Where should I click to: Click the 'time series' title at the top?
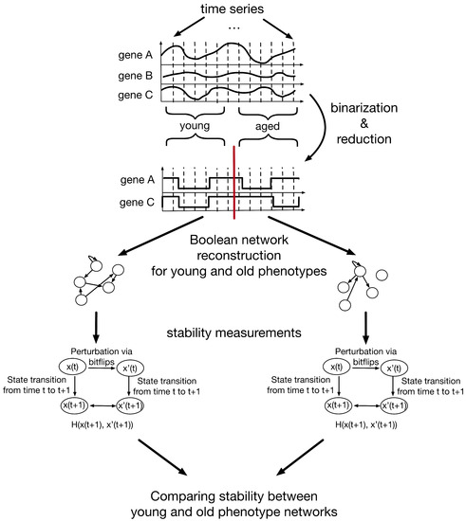[x=233, y=11]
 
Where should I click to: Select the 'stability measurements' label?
[x=233, y=332]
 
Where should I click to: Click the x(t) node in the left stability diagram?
[x=70, y=367]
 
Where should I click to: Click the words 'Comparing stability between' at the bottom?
[x=233, y=493]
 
